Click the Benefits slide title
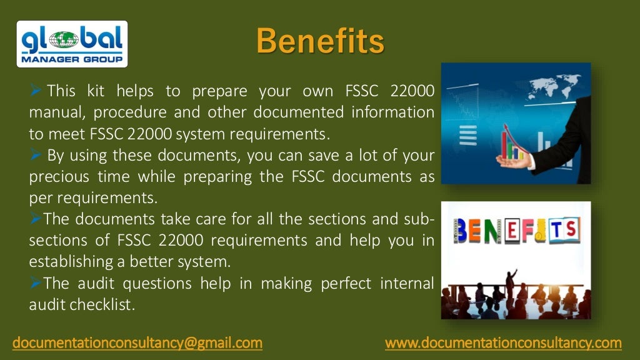click(319, 41)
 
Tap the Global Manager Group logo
click(71, 44)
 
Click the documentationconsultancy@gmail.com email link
click(138, 342)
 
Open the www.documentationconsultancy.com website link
click(503, 342)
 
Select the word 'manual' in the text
click(51, 112)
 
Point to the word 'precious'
click(56, 176)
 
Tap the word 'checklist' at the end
click(110, 304)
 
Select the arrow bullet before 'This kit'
click(36, 91)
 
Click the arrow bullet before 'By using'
click(36, 155)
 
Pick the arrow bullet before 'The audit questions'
click(36, 283)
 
